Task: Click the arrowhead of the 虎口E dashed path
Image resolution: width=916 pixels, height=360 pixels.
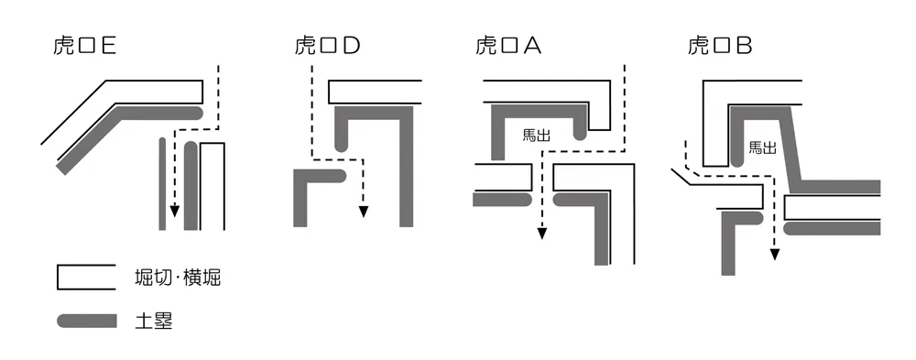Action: pyautogui.click(x=174, y=223)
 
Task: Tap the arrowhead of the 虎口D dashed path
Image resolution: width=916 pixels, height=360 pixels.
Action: pyautogui.click(x=364, y=213)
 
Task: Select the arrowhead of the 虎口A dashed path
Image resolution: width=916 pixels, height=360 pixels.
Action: pyautogui.click(x=542, y=234)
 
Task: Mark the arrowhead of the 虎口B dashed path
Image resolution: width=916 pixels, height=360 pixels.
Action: pyautogui.click(x=776, y=254)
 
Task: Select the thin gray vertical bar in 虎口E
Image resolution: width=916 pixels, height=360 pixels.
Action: pyautogui.click(x=162, y=183)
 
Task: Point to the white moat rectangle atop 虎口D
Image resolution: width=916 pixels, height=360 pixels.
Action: pyautogui.click(x=375, y=92)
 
